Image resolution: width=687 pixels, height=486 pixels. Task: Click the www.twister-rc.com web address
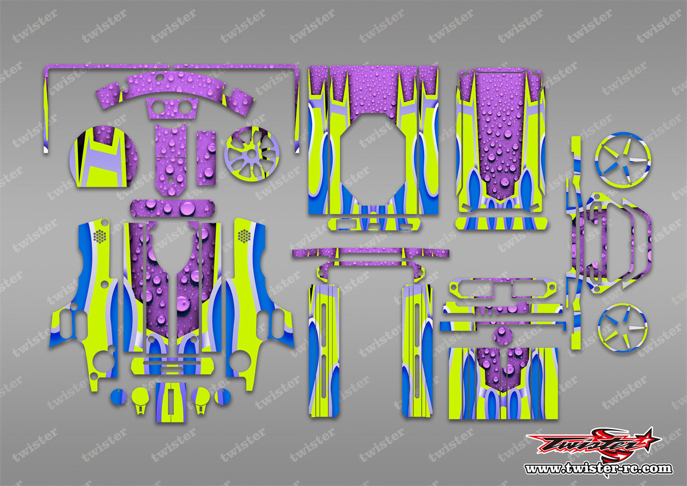point(599,468)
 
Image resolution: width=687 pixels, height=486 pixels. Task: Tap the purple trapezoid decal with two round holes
point(172,108)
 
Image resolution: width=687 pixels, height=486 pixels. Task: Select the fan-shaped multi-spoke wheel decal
point(251,154)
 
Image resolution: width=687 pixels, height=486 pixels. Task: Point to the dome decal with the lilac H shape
point(104,156)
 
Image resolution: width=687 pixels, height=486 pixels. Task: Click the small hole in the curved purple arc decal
point(159,77)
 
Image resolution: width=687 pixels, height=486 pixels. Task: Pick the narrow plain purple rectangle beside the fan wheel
point(206,158)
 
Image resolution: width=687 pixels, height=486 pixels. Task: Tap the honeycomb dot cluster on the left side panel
point(100,236)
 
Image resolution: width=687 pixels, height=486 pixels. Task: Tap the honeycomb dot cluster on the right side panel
point(244,236)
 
